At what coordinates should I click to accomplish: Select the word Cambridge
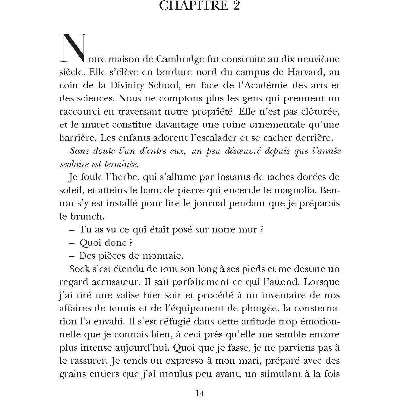tap(180, 59)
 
